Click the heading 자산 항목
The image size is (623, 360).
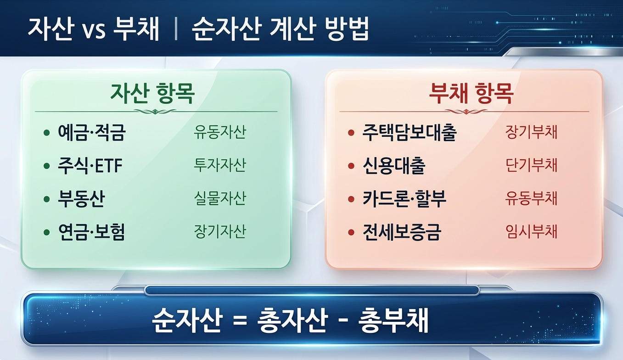(x=152, y=94)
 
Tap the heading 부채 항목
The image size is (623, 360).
(x=471, y=94)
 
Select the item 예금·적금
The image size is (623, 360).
(x=92, y=133)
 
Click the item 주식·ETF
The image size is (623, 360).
(x=90, y=166)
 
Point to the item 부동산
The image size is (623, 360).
(x=81, y=199)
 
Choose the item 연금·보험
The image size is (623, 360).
(x=91, y=232)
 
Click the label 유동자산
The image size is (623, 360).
(x=220, y=132)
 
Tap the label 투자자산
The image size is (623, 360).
(x=220, y=165)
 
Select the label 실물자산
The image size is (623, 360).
(x=220, y=198)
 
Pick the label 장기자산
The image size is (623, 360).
(x=220, y=231)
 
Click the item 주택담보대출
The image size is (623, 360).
(x=410, y=133)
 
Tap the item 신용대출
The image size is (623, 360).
(x=393, y=166)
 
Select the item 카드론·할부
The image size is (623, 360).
(x=404, y=199)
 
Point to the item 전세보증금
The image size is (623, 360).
(x=401, y=232)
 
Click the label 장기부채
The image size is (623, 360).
(x=531, y=132)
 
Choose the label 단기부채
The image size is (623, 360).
(x=531, y=165)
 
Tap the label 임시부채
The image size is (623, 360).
(x=531, y=231)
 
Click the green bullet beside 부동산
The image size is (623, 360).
(x=46, y=199)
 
